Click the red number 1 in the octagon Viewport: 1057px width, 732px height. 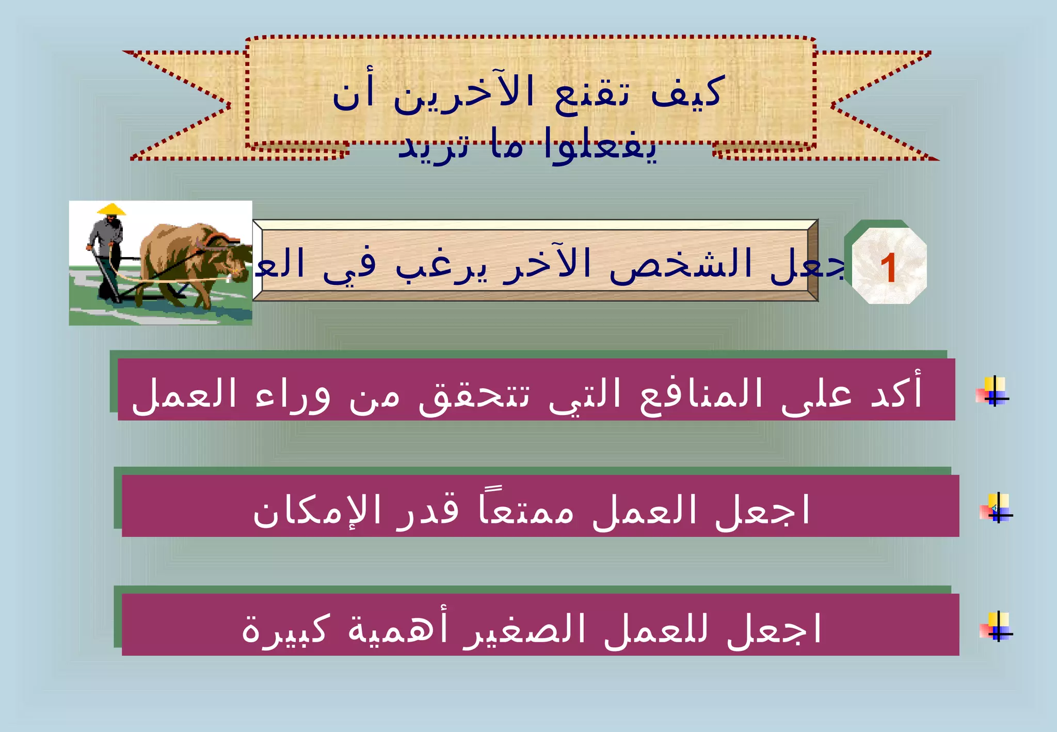click(888, 268)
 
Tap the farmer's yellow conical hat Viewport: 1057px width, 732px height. click(111, 210)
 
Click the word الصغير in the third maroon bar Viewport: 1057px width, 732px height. click(524, 629)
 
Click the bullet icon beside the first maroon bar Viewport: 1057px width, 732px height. click(992, 391)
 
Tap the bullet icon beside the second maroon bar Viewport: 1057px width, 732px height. click(997, 508)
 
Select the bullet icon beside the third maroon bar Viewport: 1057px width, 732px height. click(997, 626)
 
